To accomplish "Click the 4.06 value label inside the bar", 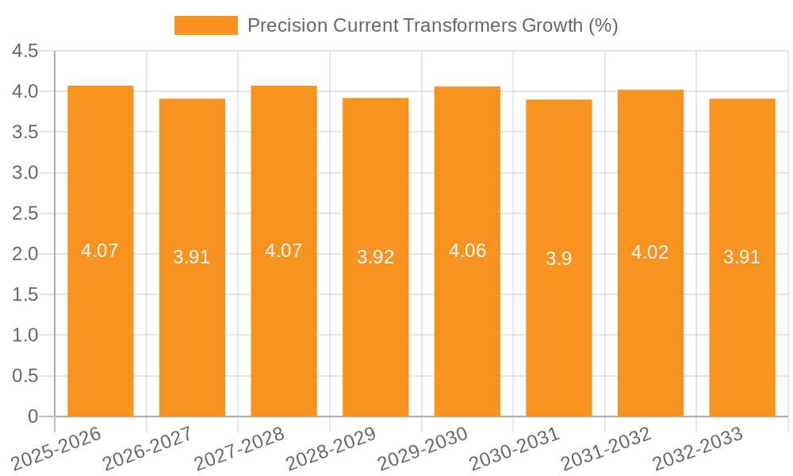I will pos(467,251).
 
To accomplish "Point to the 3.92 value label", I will pos(375,257).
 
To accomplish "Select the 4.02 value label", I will pos(650,252).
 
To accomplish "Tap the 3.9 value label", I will pos(558,259).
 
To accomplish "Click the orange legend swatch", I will pos(205,25).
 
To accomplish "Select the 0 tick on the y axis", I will pos(33,416).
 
